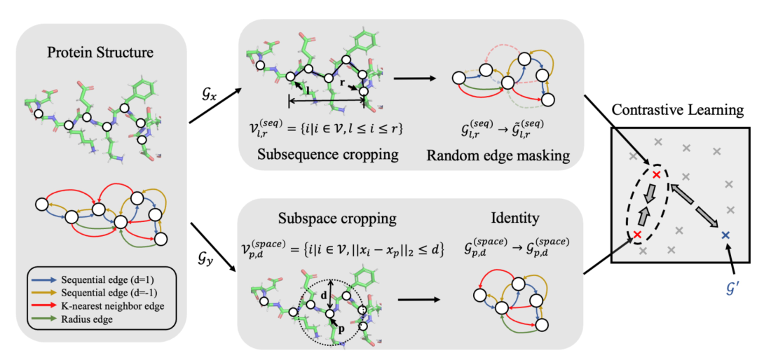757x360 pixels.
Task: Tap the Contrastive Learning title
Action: click(x=676, y=111)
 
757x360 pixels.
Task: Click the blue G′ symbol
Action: click(x=730, y=286)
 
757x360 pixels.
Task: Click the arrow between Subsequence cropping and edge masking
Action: click(x=412, y=78)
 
